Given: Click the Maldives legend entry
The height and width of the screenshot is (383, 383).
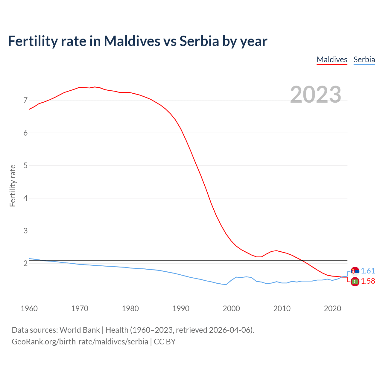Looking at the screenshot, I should (332, 60).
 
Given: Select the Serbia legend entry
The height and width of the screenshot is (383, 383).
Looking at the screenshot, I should (364, 60).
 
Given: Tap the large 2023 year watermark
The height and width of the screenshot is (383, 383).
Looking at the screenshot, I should (315, 95).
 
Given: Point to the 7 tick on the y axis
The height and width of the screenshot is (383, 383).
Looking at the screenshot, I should (25, 100).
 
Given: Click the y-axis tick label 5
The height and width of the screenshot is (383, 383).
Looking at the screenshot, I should (25, 165).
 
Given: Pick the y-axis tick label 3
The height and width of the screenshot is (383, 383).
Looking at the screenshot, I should (25, 231).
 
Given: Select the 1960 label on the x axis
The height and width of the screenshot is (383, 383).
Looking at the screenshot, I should (29, 308).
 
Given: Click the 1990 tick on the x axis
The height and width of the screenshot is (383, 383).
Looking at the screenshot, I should (181, 308).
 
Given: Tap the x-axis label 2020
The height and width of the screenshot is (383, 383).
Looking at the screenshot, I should (332, 308).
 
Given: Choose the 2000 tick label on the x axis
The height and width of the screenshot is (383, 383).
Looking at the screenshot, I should (231, 308).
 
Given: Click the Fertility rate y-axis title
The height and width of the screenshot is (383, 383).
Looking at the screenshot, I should (13, 186).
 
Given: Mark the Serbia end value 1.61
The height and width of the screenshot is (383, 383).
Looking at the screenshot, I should (368, 271).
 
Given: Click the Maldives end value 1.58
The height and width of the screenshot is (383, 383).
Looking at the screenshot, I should (368, 281).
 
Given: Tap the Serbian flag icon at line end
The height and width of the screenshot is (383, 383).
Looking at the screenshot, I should (355, 271).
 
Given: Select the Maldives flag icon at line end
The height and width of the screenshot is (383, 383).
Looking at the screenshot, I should (355, 282).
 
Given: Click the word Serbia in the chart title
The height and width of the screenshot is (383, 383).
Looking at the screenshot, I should (199, 41).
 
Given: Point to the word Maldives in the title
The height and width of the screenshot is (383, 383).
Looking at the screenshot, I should (132, 41).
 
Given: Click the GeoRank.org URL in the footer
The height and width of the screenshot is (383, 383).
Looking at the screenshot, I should (80, 342).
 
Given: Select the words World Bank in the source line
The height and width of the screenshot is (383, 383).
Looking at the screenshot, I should (80, 330).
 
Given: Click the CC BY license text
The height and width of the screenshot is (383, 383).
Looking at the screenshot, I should (165, 342).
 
